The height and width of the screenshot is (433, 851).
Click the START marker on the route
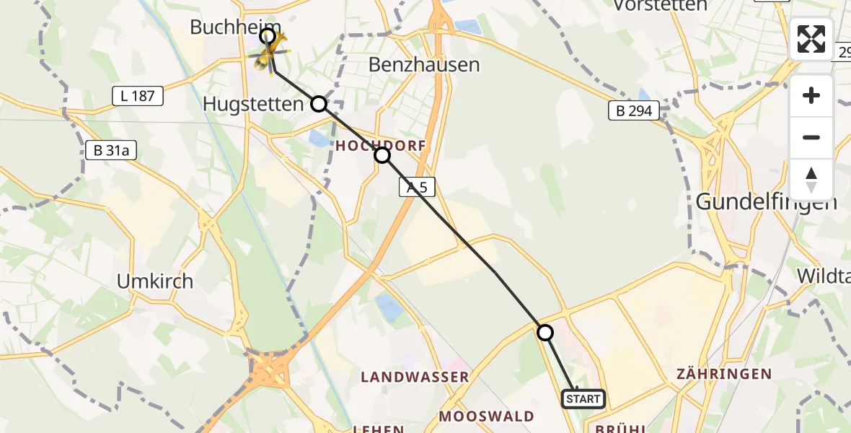click(583, 398)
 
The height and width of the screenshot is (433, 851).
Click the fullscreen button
click(811, 39)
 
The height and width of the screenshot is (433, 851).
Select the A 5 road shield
click(417, 188)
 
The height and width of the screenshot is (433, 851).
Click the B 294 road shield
click(634, 110)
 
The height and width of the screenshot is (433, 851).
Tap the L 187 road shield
click(138, 95)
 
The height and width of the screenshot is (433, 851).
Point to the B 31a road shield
click(110, 151)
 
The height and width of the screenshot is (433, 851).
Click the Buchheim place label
click(224, 27)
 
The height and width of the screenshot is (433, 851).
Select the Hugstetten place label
click(253, 104)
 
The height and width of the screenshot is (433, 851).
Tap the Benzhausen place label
click(424, 64)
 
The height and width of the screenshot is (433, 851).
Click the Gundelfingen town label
click(766, 201)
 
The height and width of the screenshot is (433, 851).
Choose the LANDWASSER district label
click(415, 377)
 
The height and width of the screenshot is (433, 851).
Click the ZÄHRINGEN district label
click(724, 374)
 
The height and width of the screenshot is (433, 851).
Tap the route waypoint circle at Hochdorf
click(382, 155)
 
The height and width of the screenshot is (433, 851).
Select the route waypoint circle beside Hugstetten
click(319, 104)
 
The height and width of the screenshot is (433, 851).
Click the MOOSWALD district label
click(487, 416)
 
